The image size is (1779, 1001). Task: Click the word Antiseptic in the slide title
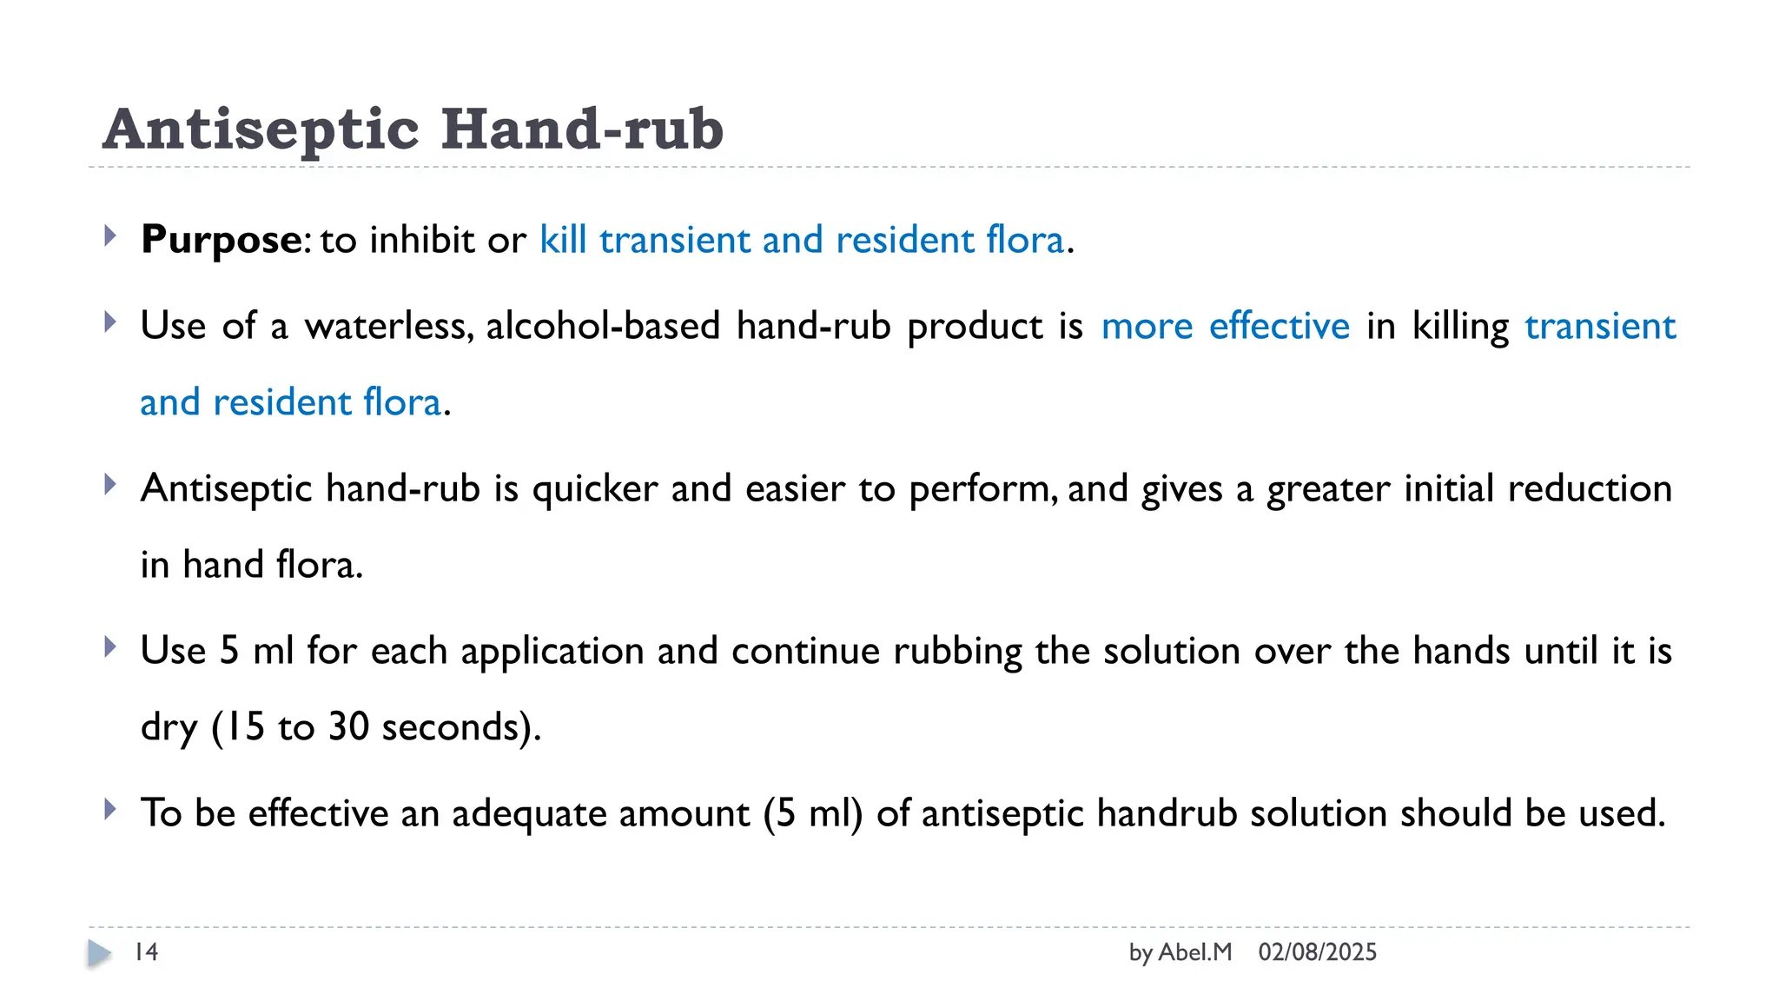(261, 129)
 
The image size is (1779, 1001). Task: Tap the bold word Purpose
(222, 240)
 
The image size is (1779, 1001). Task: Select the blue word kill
(563, 240)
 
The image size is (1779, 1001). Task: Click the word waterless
(387, 327)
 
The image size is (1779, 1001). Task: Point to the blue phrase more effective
(1225, 327)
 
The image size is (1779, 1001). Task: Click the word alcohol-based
(603, 327)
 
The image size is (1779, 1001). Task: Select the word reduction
(1589, 489)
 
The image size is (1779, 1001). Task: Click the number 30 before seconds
(348, 727)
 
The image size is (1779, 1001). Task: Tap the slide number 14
(146, 952)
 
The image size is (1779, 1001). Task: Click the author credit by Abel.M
(1180, 952)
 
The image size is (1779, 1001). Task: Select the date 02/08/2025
(1317, 952)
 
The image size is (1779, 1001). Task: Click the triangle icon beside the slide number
(99, 953)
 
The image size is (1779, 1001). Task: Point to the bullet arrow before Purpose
(109, 235)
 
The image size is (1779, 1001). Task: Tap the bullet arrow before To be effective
(109, 810)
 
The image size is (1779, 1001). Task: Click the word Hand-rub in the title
(582, 129)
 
